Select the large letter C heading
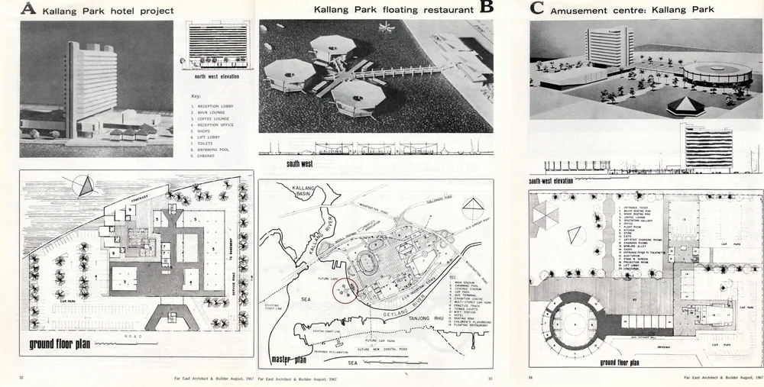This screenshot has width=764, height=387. click(537, 9)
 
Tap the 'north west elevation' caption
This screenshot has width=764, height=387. click(216, 77)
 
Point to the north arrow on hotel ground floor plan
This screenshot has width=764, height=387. click(84, 185)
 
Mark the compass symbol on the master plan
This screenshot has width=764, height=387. click(472, 207)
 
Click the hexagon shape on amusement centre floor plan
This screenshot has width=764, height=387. click(546, 217)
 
